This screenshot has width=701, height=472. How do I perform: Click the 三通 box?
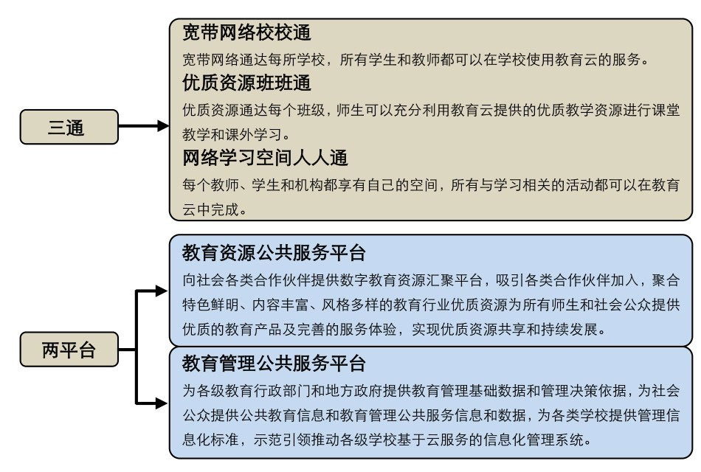coord(69,127)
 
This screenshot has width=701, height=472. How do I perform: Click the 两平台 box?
coord(69,350)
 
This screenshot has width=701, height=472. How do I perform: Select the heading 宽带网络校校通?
coord(246,32)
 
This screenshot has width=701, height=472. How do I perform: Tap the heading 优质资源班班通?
coord(246,83)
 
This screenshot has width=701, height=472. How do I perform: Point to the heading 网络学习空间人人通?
coord(265,158)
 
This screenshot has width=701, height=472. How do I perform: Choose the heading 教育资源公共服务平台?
coord(274,253)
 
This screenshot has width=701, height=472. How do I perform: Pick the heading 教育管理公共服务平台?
coord(274,364)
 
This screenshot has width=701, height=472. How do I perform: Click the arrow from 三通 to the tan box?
coord(144,126)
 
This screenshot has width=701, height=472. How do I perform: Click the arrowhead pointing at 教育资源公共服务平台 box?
coord(162,291)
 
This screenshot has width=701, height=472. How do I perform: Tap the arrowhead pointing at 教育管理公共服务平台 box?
coord(162,403)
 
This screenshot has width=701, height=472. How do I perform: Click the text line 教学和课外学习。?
coord(238,134)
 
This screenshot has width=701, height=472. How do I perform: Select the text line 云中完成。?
coord(215,209)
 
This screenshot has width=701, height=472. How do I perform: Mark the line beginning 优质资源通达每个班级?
coord(431,110)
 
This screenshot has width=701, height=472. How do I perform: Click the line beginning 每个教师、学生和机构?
coord(431,184)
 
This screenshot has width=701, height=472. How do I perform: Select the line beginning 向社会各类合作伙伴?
coord(431,280)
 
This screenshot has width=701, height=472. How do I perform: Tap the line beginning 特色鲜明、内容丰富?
coord(431,305)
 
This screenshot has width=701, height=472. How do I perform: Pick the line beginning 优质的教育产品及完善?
coord(395,330)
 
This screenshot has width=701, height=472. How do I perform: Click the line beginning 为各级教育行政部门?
coord(431,391)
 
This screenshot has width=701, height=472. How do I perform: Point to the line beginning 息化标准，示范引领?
coord(387,440)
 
